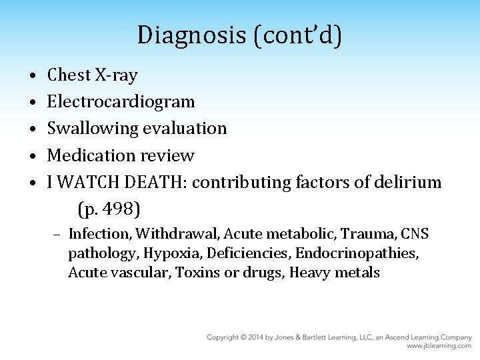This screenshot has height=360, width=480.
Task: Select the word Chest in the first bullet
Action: pyautogui.click(x=69, y=75)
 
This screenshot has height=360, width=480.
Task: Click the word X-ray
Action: pyautogui.click(x=116, y=75)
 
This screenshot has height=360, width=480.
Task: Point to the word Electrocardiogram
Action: pyautogui.click(x=121, y=101)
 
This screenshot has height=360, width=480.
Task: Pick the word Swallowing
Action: pyautogui.click(x=92, y=129)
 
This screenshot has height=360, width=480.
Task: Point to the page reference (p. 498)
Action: pyautogui.click(x=109, y=209)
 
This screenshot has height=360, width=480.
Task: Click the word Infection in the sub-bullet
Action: pyautogui.click(x=100, y=234)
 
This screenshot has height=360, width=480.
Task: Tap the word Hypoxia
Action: pyautogui.click(x=166, y=253)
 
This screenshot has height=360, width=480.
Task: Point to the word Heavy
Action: pyautogui.click(x=309, y=273)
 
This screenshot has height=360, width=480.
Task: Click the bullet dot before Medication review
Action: pyautogui.click(x=33, y=156)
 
